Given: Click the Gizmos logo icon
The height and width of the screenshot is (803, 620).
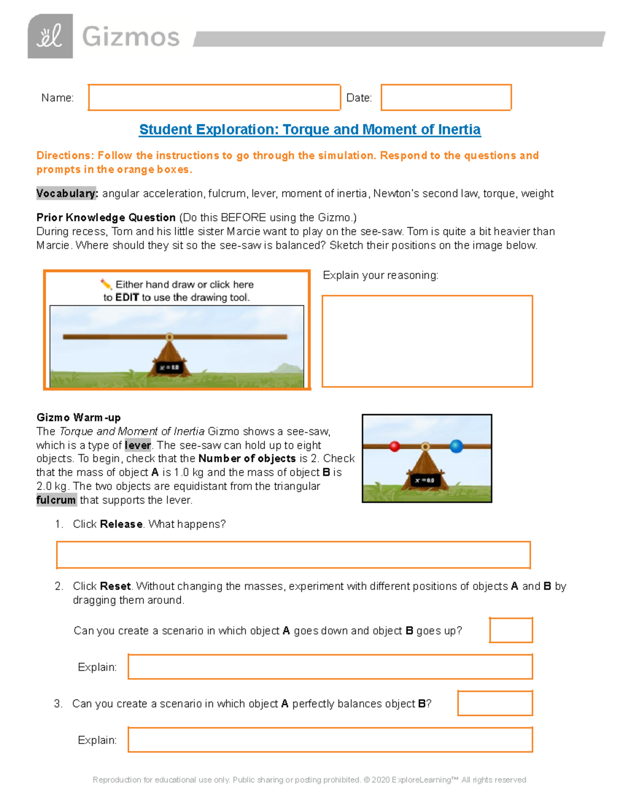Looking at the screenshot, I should click(50, 36).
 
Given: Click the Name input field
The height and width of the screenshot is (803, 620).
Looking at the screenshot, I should click(214, 97).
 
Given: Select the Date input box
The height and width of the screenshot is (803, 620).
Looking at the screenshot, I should click(446, 97).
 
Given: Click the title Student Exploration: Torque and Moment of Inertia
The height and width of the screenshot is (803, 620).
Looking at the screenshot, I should click(309, 129).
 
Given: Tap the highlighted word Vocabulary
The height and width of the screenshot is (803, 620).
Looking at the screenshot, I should click(66, 193).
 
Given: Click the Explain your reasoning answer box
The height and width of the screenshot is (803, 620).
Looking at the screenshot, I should click(427, 341).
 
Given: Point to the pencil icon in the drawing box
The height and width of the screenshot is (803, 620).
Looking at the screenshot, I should click(106, 284).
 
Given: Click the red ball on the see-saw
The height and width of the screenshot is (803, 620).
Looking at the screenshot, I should click(395, 446).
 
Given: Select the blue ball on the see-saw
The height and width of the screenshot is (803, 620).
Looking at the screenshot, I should click(456, 446).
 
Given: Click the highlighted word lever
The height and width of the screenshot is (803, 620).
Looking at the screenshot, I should click(137, 445).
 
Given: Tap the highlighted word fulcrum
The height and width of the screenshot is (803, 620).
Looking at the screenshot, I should click(56, 500).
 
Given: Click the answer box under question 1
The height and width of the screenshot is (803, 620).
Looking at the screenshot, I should click(293, 555).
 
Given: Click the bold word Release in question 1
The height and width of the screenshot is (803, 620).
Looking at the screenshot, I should click(121, 524).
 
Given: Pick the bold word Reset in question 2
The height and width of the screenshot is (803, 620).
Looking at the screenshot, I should click(115, 586).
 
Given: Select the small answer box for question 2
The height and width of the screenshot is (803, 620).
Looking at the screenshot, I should click(510, 630).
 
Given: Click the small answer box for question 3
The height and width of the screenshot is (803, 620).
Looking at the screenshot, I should click(494, 703).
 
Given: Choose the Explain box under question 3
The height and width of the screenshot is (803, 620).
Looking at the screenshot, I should click(330, 740).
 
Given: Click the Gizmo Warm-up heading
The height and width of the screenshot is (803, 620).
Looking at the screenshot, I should click(79, 417).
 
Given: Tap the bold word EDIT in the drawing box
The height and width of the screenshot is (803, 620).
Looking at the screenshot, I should click(127, 297).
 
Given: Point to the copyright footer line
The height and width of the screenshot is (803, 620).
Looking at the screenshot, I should click(309, 780).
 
